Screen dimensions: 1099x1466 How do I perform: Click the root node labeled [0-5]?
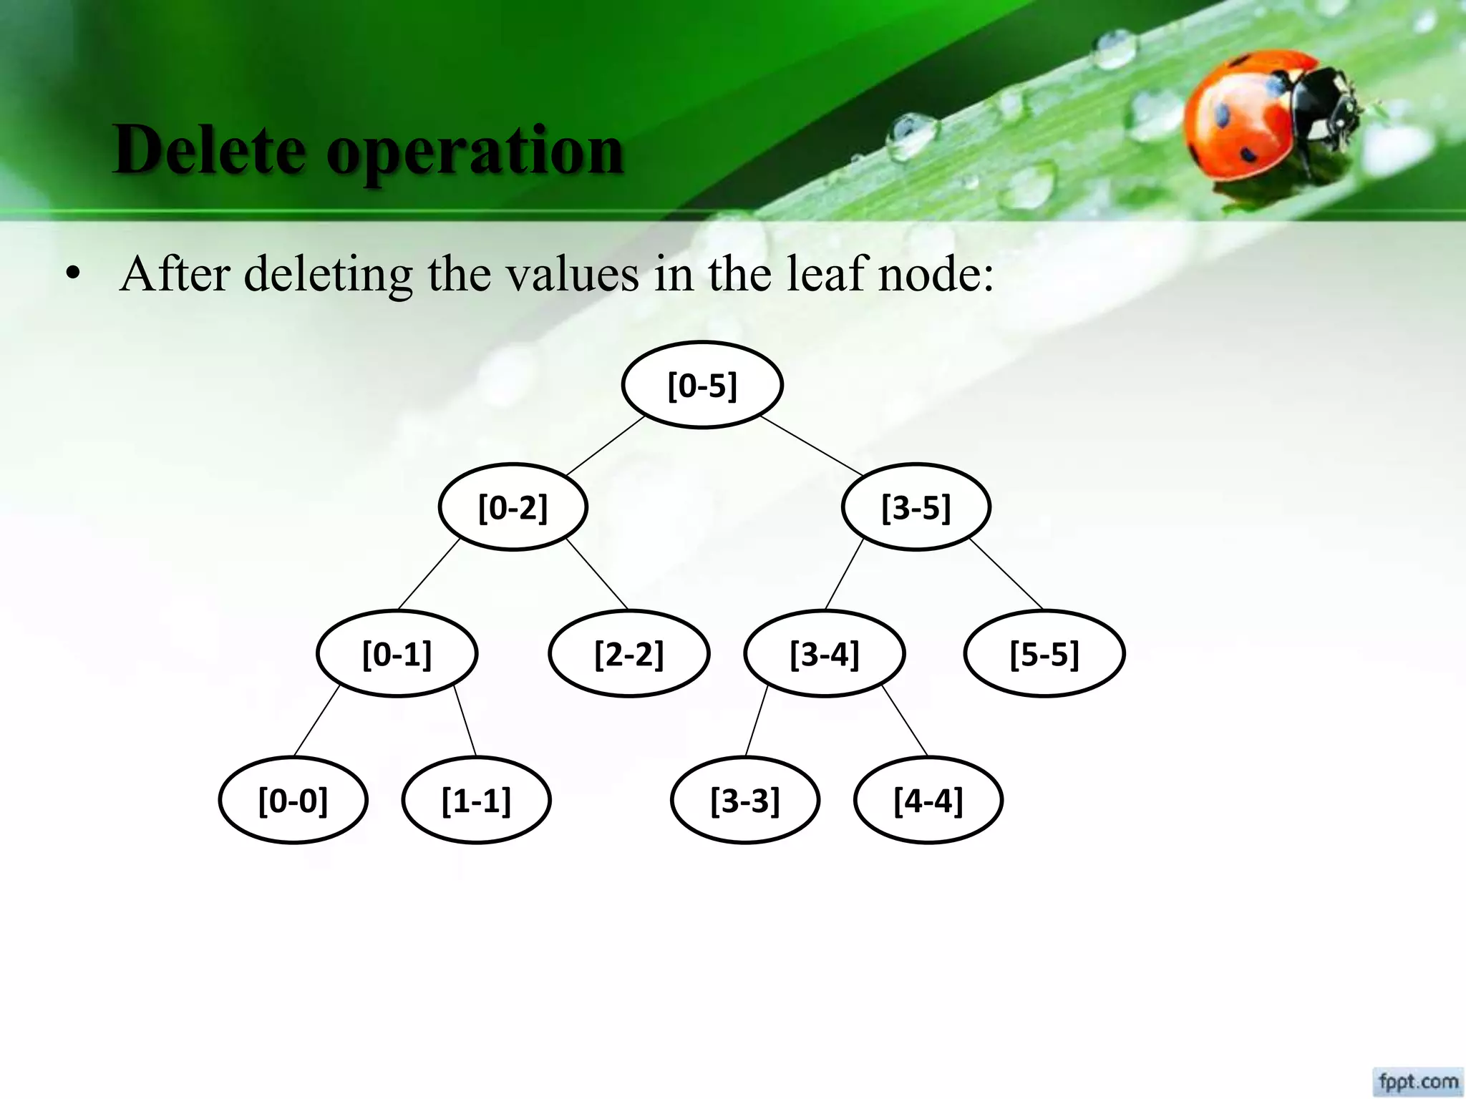702,386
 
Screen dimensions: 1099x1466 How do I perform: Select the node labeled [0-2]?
513,507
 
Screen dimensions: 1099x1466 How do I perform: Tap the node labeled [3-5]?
916,507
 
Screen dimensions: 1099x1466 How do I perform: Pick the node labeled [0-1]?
397,653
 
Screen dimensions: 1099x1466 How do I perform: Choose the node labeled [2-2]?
628,653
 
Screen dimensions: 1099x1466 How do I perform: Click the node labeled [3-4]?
824,653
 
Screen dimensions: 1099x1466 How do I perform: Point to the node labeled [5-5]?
1044,653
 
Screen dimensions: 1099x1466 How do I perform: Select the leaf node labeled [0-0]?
293,800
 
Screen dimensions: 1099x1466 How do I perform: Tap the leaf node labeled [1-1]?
476,800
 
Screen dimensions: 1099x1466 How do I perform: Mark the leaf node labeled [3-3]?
744,800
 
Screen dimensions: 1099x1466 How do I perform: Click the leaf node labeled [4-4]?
928,800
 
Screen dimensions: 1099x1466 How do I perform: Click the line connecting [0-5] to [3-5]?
812,445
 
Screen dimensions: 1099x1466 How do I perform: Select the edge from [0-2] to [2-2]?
597,574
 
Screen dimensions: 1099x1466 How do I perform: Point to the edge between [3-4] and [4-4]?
905,721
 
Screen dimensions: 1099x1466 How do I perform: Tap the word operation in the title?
475,150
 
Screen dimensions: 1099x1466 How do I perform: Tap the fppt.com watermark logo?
1418,1080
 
